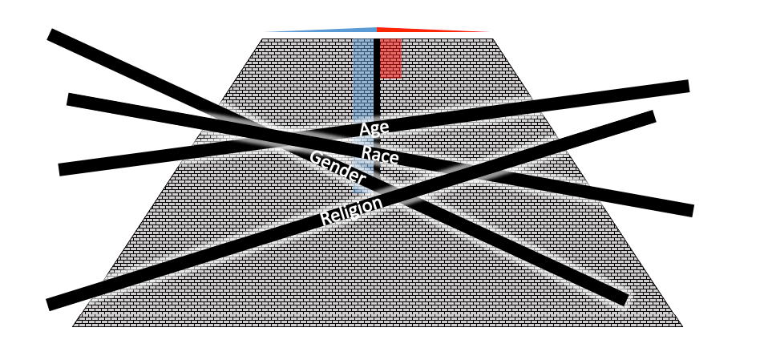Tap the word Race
point(375,153)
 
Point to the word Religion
point(351,210)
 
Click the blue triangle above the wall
point(337,30)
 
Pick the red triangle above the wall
point(417,30)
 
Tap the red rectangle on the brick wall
point(390,58)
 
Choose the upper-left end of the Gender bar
point(51,34)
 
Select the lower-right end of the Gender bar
point(625,299)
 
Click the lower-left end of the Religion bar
point(49,305)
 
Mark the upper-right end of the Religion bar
point(653,116)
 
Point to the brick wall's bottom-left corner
point(73,326)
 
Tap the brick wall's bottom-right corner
point(682,326)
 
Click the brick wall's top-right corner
point(491,38)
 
